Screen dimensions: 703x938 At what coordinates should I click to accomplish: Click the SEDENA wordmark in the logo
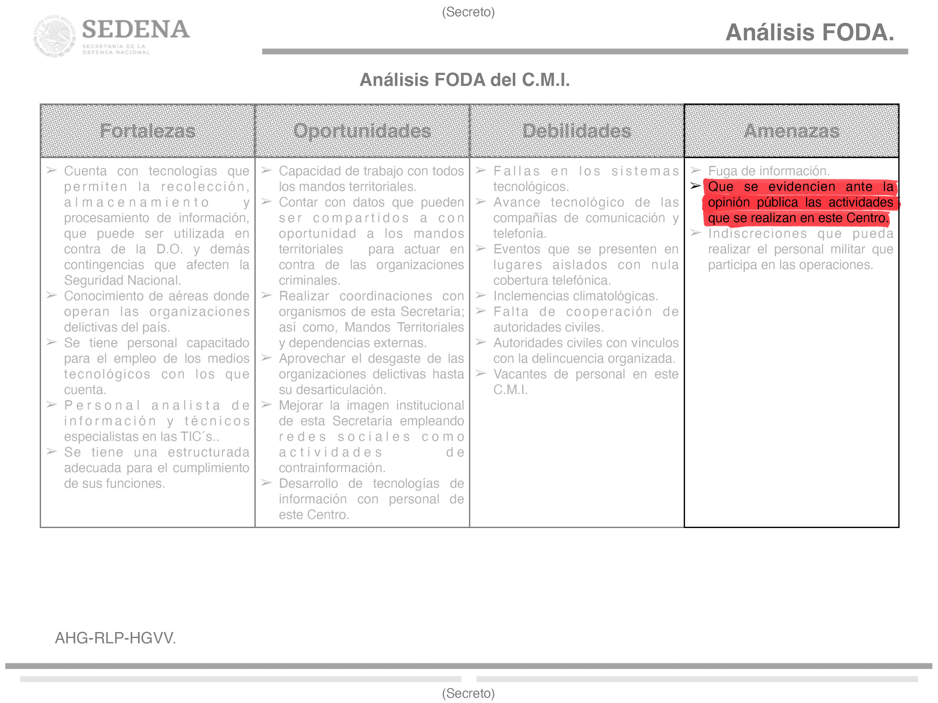[x=136, y=30]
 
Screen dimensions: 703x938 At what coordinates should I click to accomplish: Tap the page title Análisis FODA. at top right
[x=809, y=32]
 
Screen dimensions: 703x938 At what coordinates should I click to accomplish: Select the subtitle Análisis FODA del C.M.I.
[x=464, y=80]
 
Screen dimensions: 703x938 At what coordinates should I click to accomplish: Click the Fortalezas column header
[x=148, y=131]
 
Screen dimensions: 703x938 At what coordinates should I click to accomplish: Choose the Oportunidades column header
[x=362, y=131]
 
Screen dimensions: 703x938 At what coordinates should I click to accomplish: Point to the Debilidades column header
[x=577, y=131]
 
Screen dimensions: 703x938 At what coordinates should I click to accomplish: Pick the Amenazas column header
[x=791, y=131]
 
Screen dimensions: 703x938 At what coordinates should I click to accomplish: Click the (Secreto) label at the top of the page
[x=468, y=12]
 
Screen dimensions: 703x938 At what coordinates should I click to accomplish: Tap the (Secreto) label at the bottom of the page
[x=468, y=693]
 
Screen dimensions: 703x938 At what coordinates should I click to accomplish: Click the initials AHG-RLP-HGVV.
[x=115, y=638]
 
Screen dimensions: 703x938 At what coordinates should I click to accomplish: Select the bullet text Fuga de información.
[x=769, y=171]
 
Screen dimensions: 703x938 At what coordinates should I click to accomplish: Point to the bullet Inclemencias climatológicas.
[x=575, y=296]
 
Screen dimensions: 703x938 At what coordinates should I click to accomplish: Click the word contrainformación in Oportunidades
[x=332, y=468]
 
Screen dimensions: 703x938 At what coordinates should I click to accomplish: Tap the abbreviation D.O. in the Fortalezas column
[x=169, y=249]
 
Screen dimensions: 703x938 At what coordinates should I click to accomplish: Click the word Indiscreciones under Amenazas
[x=757, y=233]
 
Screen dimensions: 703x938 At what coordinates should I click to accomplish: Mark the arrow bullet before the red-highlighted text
[x=695, y=186]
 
